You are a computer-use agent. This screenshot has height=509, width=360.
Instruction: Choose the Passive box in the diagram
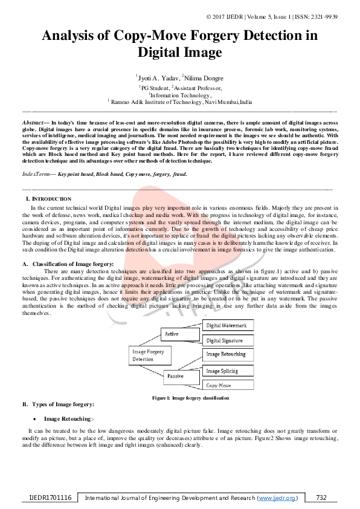click(176, 376)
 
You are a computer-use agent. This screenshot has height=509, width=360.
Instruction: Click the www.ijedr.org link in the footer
click(277, 498)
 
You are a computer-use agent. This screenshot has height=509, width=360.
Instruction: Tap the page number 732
click(321, 498)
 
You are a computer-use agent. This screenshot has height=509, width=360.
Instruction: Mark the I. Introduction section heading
click(48, 199)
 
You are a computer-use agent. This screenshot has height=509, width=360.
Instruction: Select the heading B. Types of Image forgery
click(58, 404)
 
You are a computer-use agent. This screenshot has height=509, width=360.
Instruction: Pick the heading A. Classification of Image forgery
click(67, 264)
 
